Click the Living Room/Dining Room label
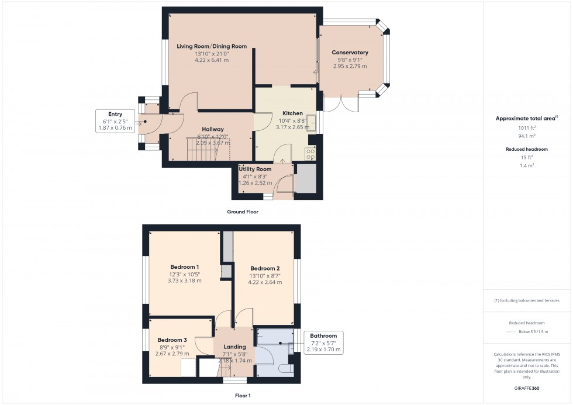pos(212,46)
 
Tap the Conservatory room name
pos(350,53)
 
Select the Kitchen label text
pos(292,113)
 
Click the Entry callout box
pos(115,120)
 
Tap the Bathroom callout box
pos(323,342)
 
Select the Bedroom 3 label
pos(172,340)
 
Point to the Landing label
pos(234,347)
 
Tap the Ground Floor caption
pos(242,212)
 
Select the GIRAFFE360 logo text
pos(527,387)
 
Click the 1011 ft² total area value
pos(527,127)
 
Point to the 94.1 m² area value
pos(527,136)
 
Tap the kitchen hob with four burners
pos(310,154)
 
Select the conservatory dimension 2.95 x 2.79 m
pos(350,66)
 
